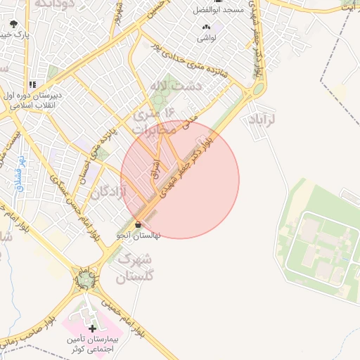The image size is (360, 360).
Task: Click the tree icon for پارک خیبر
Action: tap(15, 23)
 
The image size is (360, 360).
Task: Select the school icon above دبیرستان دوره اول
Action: tap(32, 85)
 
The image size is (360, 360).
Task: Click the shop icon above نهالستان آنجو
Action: tap(137, 224)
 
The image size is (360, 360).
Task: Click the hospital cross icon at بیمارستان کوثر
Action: tap(92, 328)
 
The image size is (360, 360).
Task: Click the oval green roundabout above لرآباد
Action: tap(258, 89)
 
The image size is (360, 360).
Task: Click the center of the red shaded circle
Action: tap(180, 180)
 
